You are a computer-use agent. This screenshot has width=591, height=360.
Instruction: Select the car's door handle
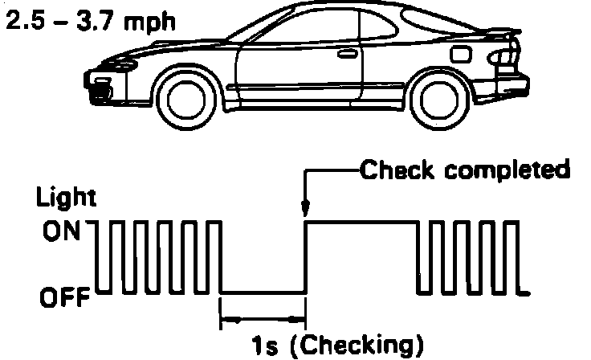[348, 57]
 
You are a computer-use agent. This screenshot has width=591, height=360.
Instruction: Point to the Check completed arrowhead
[305, 211]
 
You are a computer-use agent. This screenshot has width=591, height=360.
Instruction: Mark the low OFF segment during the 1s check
[263, 292]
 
